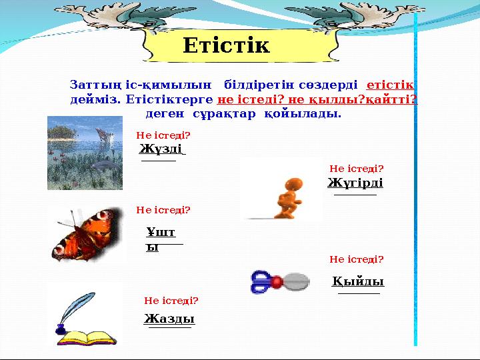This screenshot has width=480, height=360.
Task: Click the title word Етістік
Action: tap(226, 46)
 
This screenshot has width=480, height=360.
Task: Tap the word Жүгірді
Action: tap(355, 183)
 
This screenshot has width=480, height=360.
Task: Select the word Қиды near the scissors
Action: tap(359, 281)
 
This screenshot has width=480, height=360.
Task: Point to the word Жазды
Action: tap(169, 319)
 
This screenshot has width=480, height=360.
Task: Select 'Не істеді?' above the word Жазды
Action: tap(171, 301)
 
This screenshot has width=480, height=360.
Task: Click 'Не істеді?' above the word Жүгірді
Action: tap(357, 169)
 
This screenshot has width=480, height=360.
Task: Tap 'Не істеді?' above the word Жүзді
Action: tap(163, 135)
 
